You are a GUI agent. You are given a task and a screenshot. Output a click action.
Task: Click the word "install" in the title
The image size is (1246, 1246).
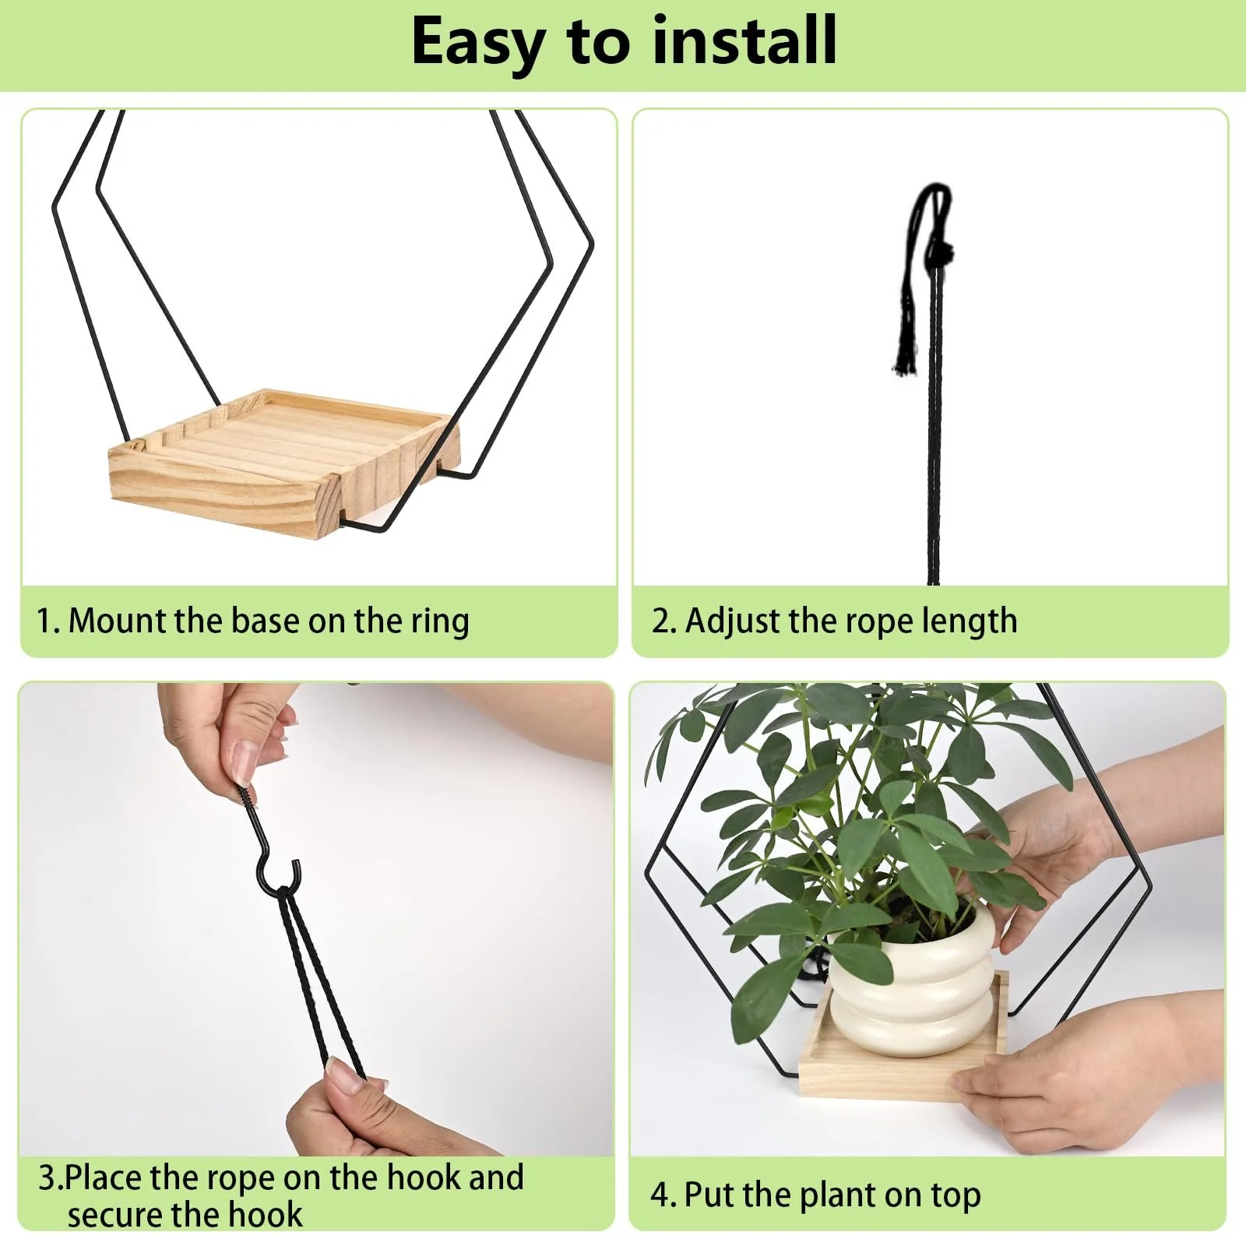[x=744, y=40]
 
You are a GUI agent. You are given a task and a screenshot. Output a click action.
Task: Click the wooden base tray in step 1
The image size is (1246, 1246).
[x=280, y=459]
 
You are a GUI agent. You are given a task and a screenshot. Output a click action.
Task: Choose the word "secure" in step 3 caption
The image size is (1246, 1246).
[x=115, y=1216]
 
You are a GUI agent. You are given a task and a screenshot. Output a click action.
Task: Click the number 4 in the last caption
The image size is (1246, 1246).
[x=660, y=1195]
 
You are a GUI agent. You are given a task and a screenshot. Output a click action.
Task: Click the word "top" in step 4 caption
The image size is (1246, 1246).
[x=956, y=1197]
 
